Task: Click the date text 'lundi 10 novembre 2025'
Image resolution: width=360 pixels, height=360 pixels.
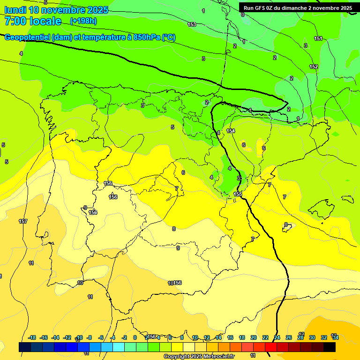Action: point(56,10)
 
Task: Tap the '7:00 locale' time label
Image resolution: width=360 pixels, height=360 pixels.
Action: point(33,21)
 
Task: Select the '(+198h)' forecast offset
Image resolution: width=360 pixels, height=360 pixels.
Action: point(83,21)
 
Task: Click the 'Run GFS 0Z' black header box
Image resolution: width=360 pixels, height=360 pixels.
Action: point(298,7)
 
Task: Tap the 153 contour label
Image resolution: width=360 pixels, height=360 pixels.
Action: point(192,24)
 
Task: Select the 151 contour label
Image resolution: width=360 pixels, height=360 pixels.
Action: point(318,38)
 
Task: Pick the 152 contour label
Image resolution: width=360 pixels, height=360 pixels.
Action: point(314,67)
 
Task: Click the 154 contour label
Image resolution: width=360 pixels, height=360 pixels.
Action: point(231,131)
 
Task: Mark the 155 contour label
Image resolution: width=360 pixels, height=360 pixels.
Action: point(238,194)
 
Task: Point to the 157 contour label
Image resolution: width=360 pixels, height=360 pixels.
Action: point(22,221)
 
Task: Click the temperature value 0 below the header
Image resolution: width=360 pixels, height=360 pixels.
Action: point(242,15)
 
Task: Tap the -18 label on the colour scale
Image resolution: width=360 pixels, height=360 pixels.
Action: point(32,337)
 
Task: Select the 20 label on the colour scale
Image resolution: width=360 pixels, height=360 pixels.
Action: point(254,337)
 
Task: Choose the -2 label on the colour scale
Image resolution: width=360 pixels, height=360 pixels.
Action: point(124,337)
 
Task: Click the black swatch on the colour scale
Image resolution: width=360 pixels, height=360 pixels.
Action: point(330,347)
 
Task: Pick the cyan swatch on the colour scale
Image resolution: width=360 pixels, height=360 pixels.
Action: point(118,347)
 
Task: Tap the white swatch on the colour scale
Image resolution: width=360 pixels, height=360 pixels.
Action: point(188,347)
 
